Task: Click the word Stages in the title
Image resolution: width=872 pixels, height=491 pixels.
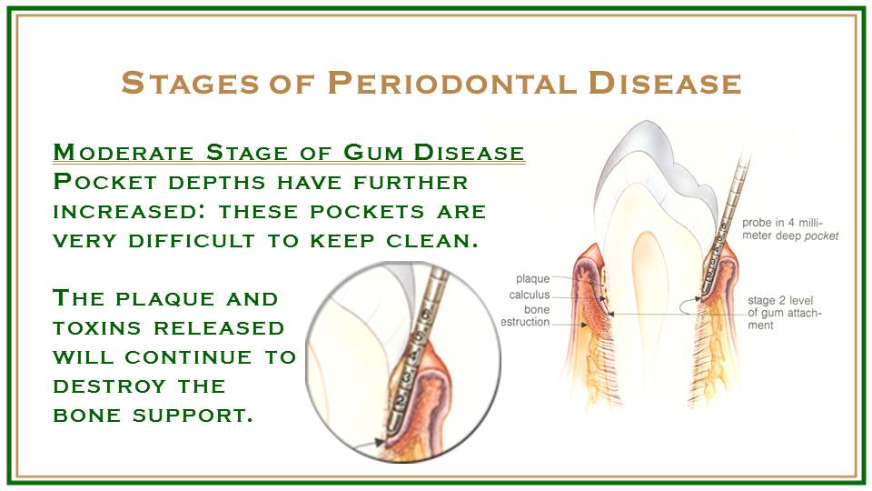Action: (x=190, y=83)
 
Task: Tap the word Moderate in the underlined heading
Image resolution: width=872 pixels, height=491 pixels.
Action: (x=124, y=152)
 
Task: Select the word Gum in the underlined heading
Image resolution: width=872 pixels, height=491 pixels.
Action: (x=373, y=152)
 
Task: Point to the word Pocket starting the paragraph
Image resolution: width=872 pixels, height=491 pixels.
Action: (x=105, y=182)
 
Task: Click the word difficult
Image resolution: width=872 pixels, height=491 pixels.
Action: (x=192, y=241)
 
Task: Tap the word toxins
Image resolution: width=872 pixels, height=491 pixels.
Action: (x=97, y=328)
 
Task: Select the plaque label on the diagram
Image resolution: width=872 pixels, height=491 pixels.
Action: (x=533, y=279)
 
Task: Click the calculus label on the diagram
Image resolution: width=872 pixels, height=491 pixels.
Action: (x=530, y=295)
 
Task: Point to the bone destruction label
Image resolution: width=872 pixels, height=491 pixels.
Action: (x=526, y=316)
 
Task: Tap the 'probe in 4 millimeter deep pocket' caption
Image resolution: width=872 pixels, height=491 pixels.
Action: (x=790, y=229)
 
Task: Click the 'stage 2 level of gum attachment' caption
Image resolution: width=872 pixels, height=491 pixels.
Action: (x=784, y=313)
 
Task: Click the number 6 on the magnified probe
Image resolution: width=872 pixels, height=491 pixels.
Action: (x=425, y=315)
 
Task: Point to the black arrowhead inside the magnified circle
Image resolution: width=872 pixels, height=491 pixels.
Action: (x=380, y=442)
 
